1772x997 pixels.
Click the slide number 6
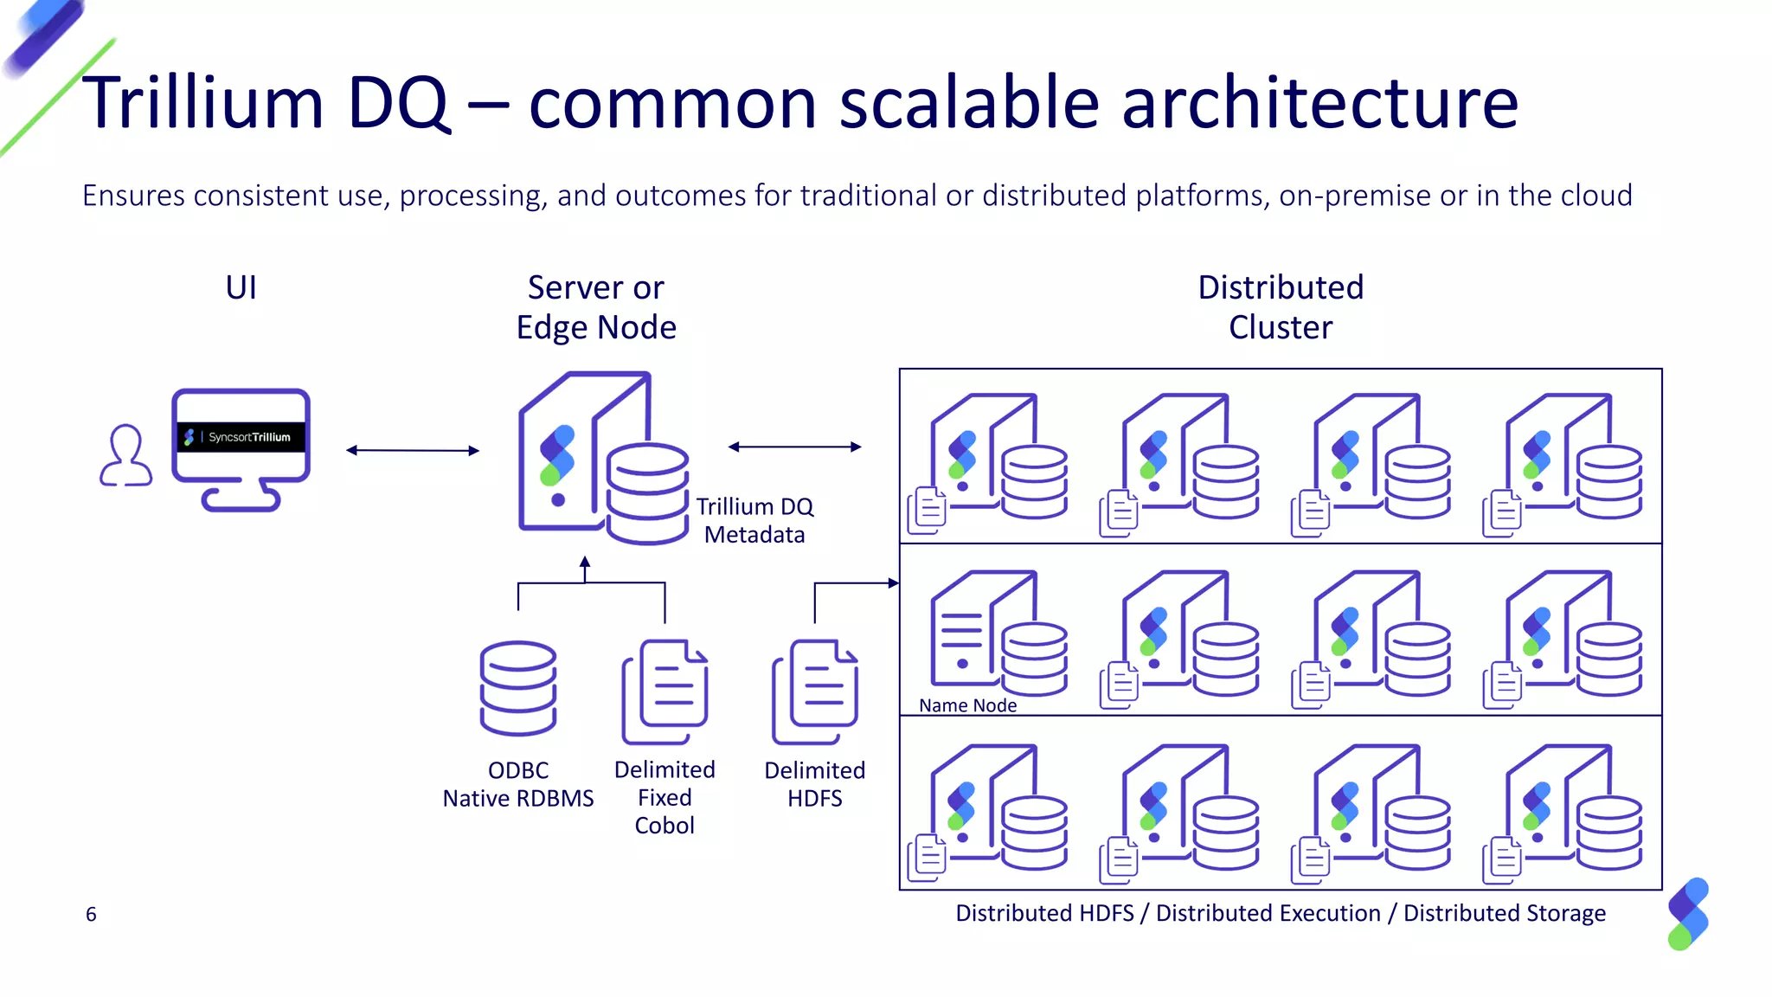click(91, 914)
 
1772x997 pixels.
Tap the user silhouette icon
click(126, 455)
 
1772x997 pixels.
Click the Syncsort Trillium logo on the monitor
click(241, 437)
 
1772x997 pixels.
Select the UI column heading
click(241, 287)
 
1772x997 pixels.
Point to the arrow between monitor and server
click(412, 450)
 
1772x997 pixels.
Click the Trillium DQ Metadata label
click(754, 520)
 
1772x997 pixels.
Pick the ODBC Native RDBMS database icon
click(518, 688)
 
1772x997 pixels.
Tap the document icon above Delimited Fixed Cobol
click(664, 691)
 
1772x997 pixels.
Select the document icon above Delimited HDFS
click(815, 691)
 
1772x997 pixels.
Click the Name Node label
click(967, 705)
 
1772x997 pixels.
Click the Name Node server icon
click(997, 633)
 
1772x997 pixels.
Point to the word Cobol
click(664, 826)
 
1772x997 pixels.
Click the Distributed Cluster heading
click(1281, 307)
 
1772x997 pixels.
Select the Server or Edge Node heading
click(596, 307)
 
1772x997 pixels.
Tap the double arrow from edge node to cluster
click(794, 447)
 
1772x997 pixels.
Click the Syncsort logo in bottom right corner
click(1688, 914)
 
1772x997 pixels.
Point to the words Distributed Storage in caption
click(1504, 913)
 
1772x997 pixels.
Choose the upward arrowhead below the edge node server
click(585, 563)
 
